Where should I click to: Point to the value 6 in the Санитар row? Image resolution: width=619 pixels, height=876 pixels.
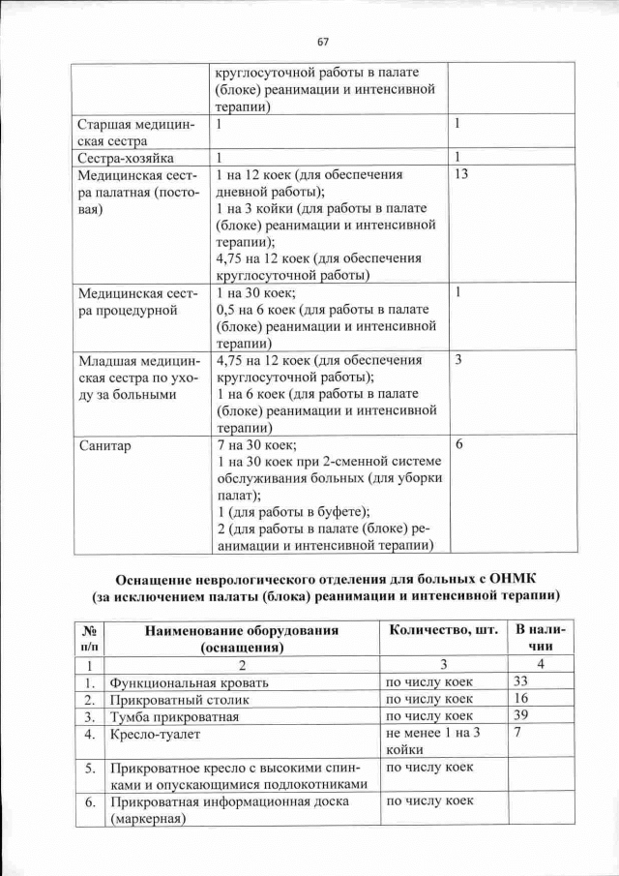(458, 444)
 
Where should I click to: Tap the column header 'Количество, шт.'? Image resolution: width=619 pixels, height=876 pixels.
(442, 631)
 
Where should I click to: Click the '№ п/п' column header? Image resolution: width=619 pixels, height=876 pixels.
(88, 638)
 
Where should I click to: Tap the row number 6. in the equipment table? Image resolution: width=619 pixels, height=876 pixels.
(89, 802)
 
